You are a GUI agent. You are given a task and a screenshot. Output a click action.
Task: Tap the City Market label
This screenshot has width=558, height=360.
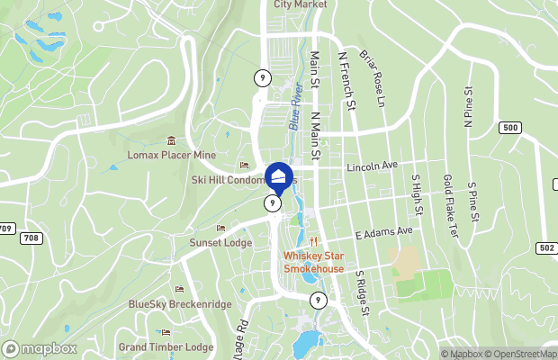coord(301,4)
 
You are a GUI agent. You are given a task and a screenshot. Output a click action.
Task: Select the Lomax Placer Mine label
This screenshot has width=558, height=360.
coord(172,154)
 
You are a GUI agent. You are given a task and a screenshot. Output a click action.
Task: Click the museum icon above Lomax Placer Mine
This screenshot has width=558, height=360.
coord(171,139)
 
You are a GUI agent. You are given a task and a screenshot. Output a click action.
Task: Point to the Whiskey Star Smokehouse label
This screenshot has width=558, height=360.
coord(315,262)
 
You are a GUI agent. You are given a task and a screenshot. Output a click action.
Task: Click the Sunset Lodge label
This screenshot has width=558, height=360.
coord(220,243)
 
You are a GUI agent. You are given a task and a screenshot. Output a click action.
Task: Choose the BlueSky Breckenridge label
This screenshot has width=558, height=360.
coord(178,304)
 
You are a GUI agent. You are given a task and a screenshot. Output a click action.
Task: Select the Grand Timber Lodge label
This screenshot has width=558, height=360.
coord(166,346)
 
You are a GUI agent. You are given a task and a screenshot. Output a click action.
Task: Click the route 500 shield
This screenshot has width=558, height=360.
coord(511,128)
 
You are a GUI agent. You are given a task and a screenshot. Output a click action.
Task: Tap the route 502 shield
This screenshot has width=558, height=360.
coord(545,247)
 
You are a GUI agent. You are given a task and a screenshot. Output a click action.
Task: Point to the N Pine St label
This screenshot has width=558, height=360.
coord(468,108)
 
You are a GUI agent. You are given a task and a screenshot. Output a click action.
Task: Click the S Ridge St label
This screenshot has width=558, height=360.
coord(363,292)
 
